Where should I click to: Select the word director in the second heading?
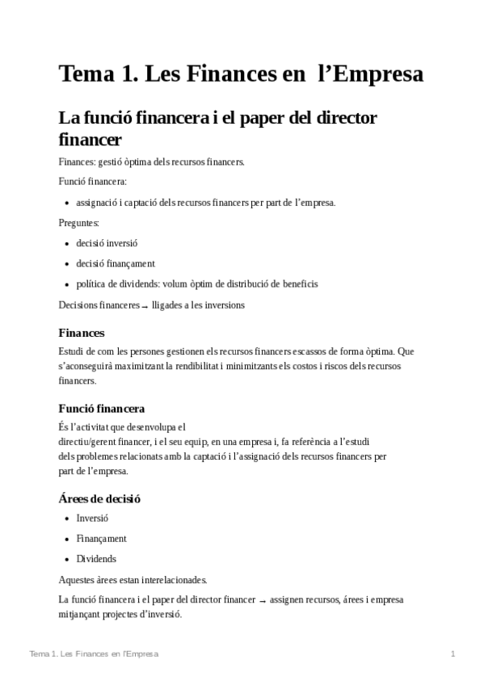[343, 118]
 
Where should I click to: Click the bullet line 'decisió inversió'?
[107, 243]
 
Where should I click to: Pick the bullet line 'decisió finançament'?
[115, 263]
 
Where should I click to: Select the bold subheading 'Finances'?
[82, 332]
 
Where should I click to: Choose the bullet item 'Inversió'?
[92, 518]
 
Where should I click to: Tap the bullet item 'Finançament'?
[101, 538]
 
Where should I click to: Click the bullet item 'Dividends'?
[96, 558]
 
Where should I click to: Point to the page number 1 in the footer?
[453, 653]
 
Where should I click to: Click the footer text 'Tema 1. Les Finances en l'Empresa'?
[94, 653]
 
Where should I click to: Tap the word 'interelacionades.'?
[167, 579]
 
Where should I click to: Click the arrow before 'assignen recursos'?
[263, 601]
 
